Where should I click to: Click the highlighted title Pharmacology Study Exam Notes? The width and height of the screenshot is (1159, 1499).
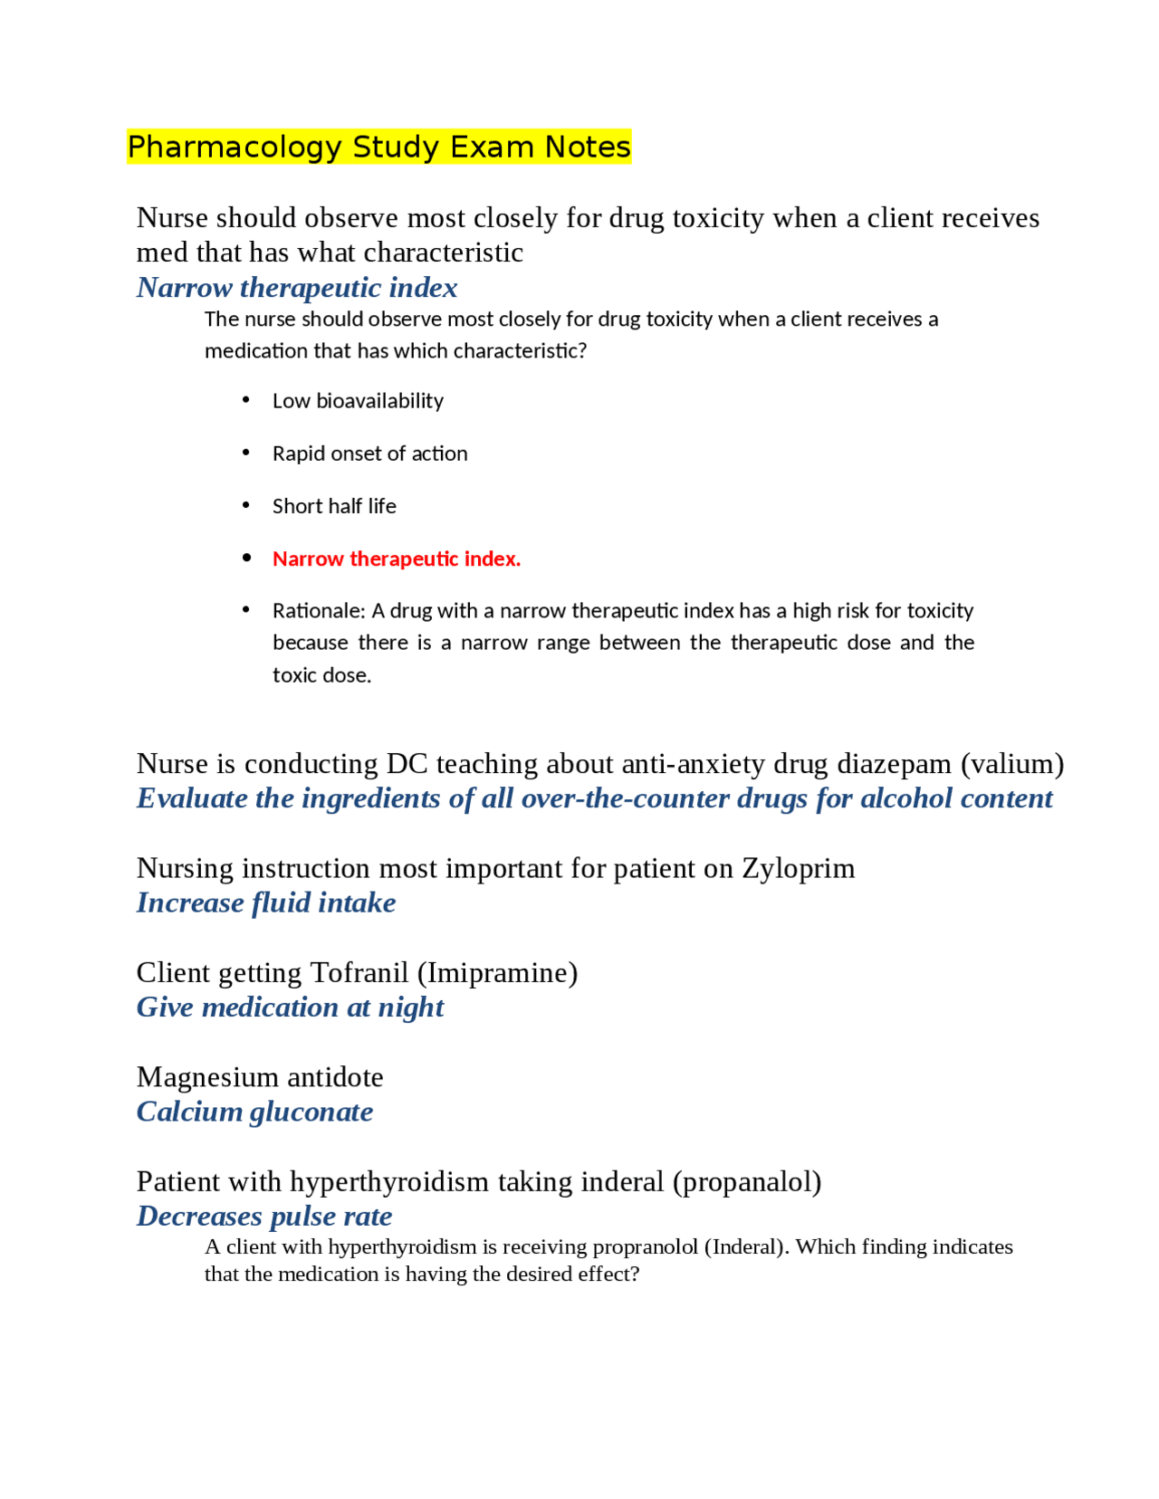[x=378, y=147]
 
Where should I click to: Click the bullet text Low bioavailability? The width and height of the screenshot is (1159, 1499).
[x=358, y=401]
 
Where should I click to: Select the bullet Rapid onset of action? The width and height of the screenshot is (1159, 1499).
[x=369, y=454]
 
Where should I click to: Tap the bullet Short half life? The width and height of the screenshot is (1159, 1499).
[x=334, y=506]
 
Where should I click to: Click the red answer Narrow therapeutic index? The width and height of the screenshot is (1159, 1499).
[x=397, y=559]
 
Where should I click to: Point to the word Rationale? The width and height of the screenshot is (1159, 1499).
[x=319, y=611]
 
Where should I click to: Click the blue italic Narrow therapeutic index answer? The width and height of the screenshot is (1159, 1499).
[x=297, y=287]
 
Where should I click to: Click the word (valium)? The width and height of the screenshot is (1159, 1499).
[x=1011, y=763]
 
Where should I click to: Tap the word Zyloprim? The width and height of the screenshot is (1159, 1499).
[x=798, y=868]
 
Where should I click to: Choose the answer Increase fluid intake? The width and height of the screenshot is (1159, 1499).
[x=266, y=902]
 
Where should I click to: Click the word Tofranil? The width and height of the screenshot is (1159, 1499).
[x=359, y=972]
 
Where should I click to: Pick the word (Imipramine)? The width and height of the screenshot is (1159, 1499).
[x=497, y=972]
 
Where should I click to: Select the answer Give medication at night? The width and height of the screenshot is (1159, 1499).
[x=290, y=1007]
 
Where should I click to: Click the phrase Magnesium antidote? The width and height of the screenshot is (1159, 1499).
[x=260, y=1077]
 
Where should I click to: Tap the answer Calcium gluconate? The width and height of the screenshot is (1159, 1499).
[x=254, y=1112]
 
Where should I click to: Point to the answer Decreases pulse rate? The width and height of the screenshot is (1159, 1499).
[x=264, y=1216]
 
